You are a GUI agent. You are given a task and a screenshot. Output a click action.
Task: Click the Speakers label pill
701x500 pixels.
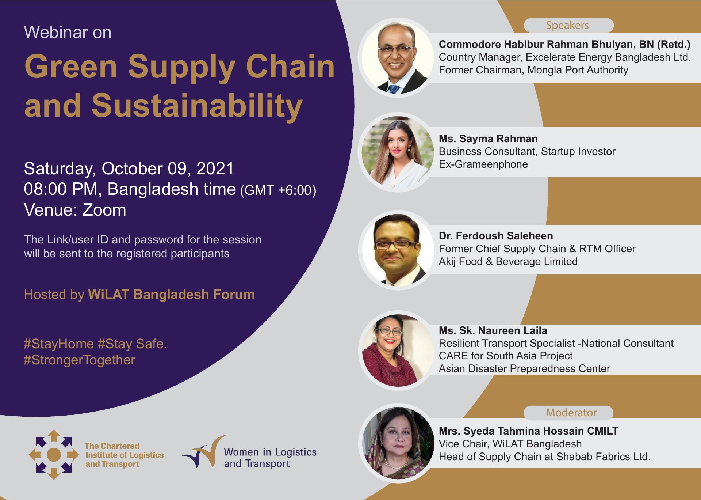tap(568, 25)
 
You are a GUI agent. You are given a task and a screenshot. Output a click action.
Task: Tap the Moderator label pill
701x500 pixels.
tap(568, 413)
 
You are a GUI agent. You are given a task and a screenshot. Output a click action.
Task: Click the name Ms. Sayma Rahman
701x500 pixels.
tap(488, 139)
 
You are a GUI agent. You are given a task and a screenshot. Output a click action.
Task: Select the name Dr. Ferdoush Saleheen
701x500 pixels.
tap(496, 236)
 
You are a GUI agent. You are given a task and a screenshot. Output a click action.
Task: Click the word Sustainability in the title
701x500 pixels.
tap(197, 106)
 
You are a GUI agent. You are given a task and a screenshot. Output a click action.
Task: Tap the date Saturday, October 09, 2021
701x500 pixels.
tap(129, 168)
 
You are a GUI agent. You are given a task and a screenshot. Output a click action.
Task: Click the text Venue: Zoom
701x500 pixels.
tap(75, 210)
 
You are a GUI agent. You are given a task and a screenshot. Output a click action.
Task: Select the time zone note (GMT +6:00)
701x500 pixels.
tap(278, 190)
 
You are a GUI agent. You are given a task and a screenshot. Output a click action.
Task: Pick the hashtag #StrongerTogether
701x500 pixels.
tap(80, 360)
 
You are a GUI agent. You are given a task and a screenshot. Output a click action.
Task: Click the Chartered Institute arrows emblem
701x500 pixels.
tap(54, 455)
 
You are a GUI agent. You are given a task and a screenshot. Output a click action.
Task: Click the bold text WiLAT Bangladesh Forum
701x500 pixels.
tap(171, 295)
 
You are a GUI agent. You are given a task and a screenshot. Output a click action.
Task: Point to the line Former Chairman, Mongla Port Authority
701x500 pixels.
tap(533, 70)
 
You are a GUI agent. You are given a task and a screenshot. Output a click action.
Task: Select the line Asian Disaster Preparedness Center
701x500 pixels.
tap(524, 368)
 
